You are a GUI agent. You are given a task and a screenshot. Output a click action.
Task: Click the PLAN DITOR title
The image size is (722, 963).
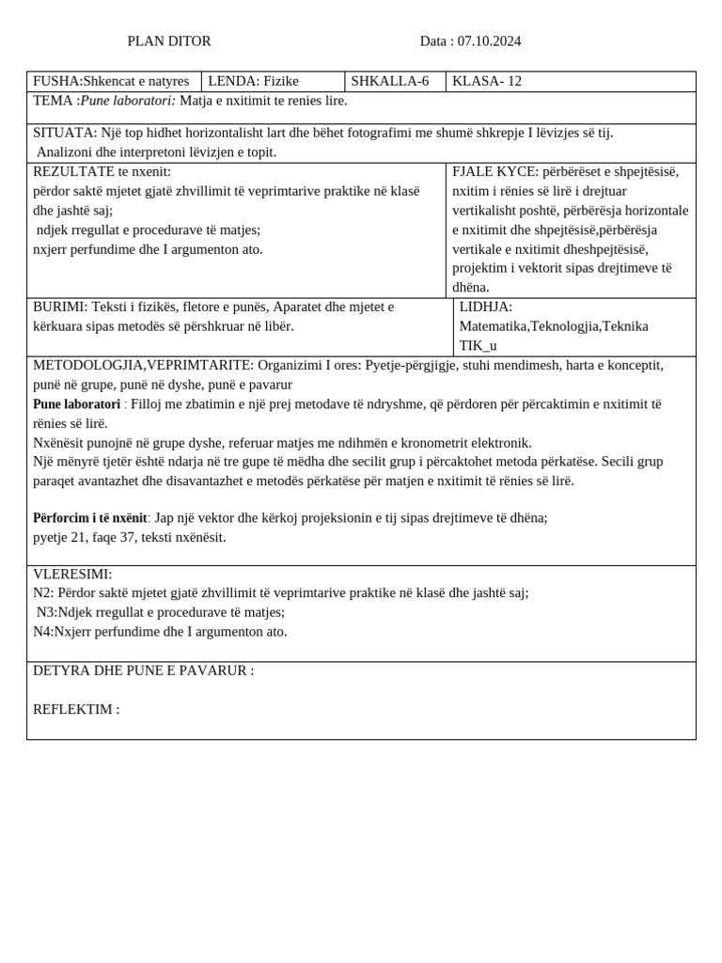(x=169, y=41)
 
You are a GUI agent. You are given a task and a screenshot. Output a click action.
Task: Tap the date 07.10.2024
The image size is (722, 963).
(x=487, y=41)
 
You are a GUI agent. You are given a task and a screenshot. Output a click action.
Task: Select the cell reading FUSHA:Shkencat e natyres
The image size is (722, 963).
(x=111, y=82)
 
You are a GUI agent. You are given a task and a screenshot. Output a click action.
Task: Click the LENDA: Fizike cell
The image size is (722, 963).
(x=253, y=82)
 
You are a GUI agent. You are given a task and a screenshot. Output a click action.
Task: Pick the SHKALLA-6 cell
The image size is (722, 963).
(x=390, y=82)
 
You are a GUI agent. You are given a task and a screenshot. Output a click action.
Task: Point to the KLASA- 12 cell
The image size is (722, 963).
(x=487, y=82)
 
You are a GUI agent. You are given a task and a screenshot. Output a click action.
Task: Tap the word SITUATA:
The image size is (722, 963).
(x=65, y=133)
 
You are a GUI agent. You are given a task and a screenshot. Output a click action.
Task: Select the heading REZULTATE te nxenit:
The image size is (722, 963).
(x=102, y=171)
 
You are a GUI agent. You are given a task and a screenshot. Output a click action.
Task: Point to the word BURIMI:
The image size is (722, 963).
(x=60, y=307)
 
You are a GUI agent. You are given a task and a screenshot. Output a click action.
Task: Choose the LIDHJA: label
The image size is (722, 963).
(x=486, y=307)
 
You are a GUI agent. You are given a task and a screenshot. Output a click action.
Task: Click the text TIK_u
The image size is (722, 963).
(x=478, y=345)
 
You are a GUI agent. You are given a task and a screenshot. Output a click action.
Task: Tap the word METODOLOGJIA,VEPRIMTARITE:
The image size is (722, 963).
(x=143, y=365)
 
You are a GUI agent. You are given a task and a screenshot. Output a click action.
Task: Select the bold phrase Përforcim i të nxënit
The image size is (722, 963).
(x=89, y=517)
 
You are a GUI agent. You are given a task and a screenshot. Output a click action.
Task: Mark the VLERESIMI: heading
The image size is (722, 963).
(x=72, y=574)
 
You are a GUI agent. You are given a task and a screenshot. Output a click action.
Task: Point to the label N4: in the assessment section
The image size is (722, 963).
(x=43, y=631)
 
